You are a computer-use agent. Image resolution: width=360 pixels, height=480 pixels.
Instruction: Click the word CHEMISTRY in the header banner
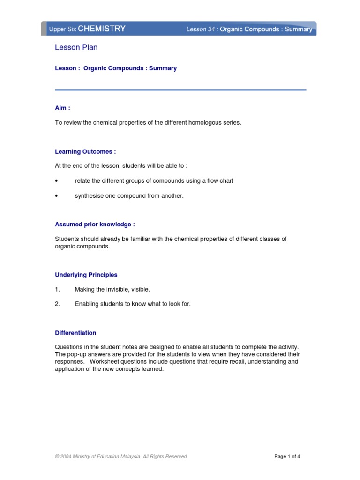(102, 29)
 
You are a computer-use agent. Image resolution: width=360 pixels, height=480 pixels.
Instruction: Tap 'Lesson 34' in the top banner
(201, 29)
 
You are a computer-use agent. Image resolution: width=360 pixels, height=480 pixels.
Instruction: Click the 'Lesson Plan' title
(76, 47)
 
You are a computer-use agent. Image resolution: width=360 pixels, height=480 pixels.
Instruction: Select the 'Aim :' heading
(62, 108)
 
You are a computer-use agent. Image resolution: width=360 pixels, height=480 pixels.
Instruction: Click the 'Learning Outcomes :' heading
(85, 151)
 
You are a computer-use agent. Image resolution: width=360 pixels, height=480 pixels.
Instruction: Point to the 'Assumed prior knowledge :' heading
(95, 225)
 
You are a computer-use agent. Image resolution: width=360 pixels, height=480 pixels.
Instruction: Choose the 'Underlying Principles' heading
(86, 275)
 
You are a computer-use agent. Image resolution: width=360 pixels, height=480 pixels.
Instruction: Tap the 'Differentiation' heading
(75, 333)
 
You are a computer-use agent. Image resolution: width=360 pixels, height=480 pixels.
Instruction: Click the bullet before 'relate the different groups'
(57, 181)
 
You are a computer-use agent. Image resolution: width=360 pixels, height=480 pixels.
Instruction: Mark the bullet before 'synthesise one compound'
(57, 196)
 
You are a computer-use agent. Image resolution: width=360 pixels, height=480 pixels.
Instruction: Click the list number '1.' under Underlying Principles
(57, 289)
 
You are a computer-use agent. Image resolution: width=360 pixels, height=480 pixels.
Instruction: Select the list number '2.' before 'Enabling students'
(57, 304)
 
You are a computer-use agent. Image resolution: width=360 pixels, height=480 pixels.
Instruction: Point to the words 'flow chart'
(220, 180)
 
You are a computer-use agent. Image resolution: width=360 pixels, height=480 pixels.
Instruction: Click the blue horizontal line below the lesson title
(180, 90)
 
